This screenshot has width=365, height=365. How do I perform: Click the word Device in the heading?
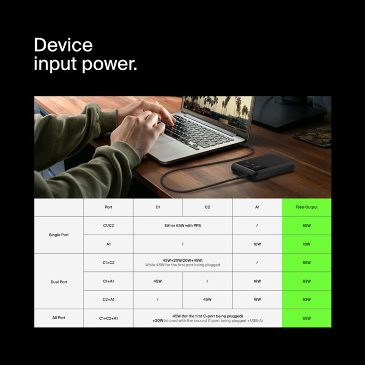tap(63, 45)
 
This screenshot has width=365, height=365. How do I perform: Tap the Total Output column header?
tap(307, 207)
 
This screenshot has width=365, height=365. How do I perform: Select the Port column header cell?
tap(108, 207)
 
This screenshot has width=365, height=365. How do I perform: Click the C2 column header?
tap(208, 207)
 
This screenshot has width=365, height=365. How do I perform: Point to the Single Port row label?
tap(59, 235)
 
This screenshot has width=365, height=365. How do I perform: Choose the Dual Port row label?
tap(59, 282)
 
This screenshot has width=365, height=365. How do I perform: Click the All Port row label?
tap(59, 318)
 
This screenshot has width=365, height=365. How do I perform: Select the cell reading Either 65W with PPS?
tap(182, 225)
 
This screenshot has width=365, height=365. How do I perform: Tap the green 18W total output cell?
tap(307, 244)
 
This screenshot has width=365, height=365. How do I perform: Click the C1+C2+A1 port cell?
tap(108, 318)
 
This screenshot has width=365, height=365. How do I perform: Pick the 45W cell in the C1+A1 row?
tap(158, 281)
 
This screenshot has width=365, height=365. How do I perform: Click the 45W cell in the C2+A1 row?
tap(208, 299)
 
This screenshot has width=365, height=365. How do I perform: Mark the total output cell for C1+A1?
tap(307, 281)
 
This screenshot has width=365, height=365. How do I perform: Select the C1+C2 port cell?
tap(108, 263)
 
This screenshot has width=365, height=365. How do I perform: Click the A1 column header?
tap(257, 207)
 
